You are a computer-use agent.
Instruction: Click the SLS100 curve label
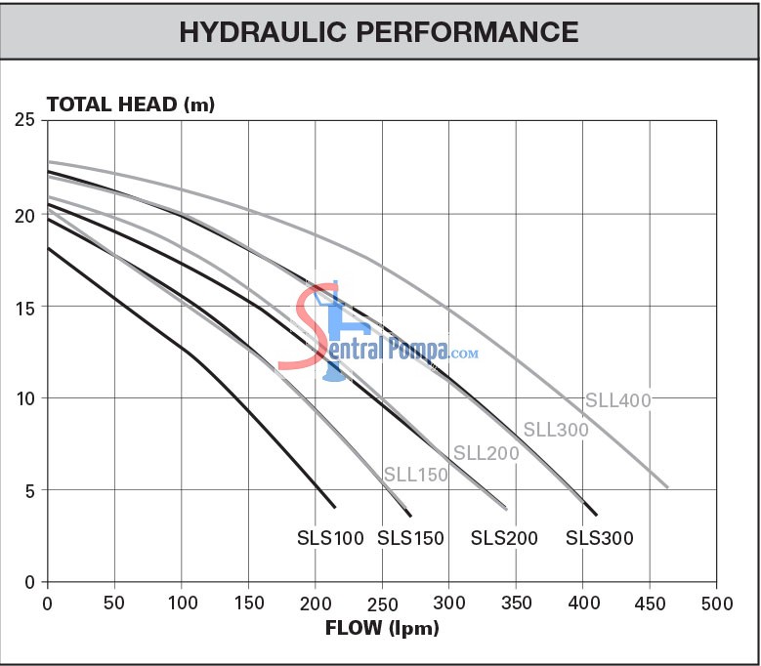point(330,538)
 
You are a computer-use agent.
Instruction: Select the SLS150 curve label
point(410,538)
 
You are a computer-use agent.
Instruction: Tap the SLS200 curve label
point(505,538)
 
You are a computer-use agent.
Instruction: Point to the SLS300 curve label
point(600,538)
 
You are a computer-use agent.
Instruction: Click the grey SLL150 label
point(415,476)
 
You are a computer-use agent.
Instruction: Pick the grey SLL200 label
point(486,453)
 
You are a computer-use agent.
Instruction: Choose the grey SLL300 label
point(555,429)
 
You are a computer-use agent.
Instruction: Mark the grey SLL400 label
point(617,400)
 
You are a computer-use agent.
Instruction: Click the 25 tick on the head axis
point(24,121)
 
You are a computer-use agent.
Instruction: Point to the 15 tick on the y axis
point(24,307)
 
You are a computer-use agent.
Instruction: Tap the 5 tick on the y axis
point(29,490)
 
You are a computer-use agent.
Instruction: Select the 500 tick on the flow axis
point(716,603)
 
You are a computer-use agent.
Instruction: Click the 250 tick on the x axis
point(382,603)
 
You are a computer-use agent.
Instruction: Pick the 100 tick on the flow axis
point(181,603)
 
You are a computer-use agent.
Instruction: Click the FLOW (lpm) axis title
point(382,627)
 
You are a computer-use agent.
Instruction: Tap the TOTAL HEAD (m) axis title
point(130,104)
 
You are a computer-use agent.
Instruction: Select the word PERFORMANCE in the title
point(464,31)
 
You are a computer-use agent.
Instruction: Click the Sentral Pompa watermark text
point(391,348)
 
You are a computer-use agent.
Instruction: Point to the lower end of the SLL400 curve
point(667,486)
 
